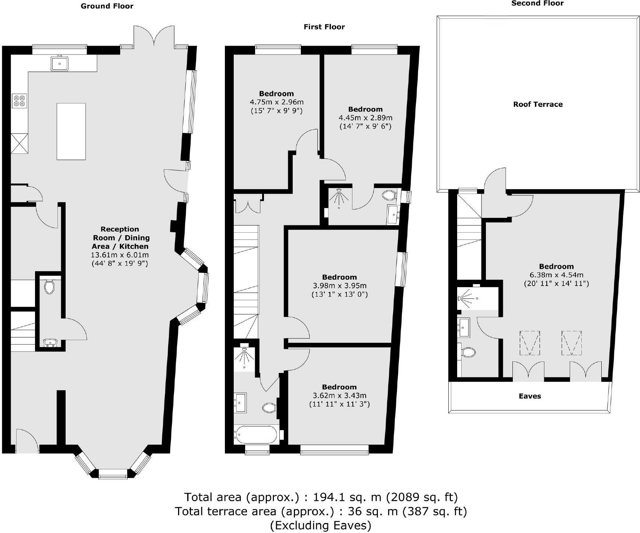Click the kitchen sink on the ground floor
point(59,63)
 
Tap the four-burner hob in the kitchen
point(20,101)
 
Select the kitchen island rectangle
point(71,131)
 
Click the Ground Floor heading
point(107,6)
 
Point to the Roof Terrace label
point(538,104)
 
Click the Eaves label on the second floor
point(530,396)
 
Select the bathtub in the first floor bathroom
point(256,435)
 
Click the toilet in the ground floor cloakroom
point(49,287)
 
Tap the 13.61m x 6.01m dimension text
point(120,255)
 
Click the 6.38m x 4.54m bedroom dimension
point(556,275)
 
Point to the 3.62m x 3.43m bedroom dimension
point(339,396)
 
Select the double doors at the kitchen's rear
point(154,37)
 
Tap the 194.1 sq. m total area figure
point(347,497)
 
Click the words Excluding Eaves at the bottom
point(320,525)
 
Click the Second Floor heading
point(537,3)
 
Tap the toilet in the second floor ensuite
point(468,352)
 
